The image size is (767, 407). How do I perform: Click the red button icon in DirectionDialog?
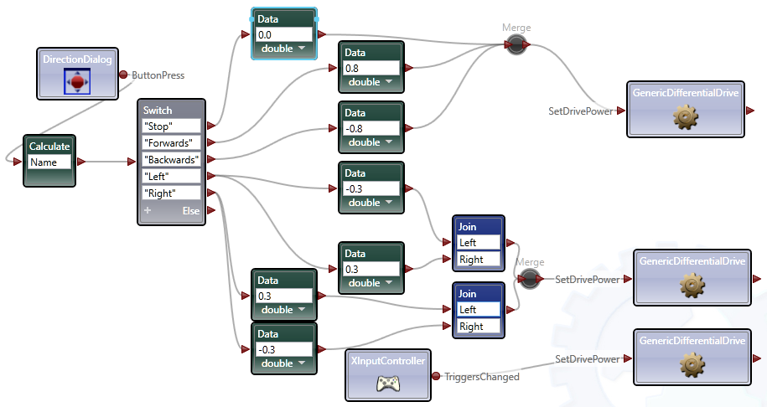coord(77,81)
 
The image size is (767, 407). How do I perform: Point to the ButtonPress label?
coord(158,75)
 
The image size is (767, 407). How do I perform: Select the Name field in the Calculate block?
coord(49,162)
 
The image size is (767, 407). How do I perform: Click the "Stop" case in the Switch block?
coord(171,126)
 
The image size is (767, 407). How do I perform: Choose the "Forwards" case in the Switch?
coord(171,142)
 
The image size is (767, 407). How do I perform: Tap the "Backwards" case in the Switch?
coord(171,159)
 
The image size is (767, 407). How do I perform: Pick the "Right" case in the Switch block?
coord(171,193)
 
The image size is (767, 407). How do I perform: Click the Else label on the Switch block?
coord(191,211)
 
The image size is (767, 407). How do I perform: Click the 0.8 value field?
coord(370,68)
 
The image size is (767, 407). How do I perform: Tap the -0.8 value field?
coord(370,128)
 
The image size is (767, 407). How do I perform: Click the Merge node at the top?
coord(516,45)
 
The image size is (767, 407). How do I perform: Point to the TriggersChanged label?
coord(481,377)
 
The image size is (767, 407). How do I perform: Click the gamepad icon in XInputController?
coord(387,384)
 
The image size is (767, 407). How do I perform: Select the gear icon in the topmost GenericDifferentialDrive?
coord(686,118)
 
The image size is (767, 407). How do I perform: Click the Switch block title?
coord(158,111)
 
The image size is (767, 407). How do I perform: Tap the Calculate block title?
coord(49,146)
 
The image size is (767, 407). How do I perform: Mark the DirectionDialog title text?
coord(78,59)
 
